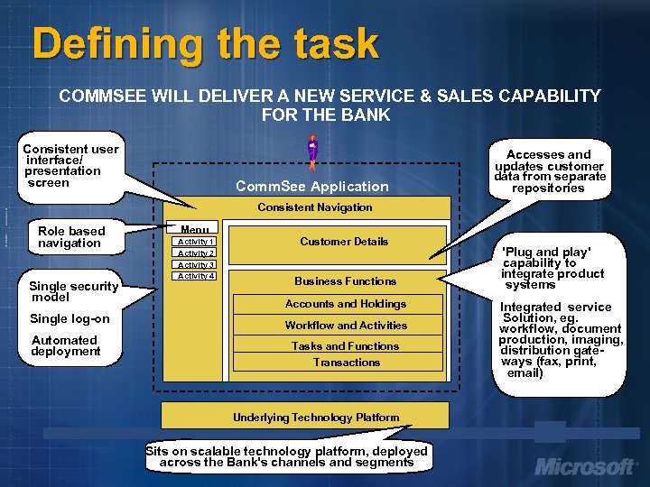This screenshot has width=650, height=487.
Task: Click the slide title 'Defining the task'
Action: point(205,43)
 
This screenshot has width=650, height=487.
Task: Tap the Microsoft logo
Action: point(585,467)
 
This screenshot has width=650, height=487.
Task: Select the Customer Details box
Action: point(344,242)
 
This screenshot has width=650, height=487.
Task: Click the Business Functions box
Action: point(345,281)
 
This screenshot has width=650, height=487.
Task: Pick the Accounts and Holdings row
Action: point(346,304)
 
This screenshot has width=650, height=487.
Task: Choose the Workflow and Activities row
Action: point(346,326)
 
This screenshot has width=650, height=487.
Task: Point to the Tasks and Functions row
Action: point(346,346)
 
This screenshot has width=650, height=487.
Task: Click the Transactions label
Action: point(347,363)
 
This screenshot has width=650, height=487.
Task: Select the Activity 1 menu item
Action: point(196,242)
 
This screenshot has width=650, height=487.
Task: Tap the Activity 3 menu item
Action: point(196,265)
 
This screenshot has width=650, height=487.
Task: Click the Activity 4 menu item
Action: point(196,276)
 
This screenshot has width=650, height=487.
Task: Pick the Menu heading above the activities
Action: point(195,230)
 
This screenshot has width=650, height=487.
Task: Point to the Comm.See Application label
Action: point(311,187)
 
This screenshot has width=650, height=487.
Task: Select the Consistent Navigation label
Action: point(314,207)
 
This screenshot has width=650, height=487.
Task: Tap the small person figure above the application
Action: point(312,152)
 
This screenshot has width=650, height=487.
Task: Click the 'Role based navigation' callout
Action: point(71,237)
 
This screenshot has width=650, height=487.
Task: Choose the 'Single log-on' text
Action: point(70,318)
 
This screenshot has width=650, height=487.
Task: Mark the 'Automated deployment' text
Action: point(65,345)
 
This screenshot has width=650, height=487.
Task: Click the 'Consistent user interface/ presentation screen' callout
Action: point(70,165)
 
